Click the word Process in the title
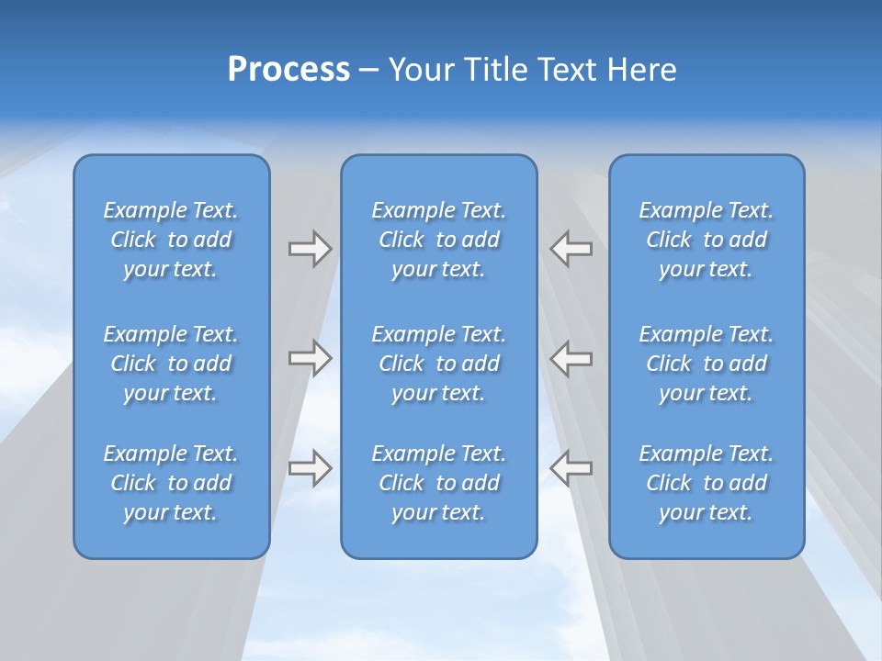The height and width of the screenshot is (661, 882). pyautogui.click(x=288, y=70)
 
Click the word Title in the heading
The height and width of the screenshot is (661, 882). pyautogui.click(x=496, y=70)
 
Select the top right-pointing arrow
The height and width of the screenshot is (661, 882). pyautogui.click(x=310, y=249)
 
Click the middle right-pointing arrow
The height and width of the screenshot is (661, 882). pyautogui.click(x=310, y=358)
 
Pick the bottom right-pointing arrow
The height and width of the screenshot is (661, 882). pyautogui.click(x=310, y=468)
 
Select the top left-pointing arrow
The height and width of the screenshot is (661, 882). pyautogui.click(x=571, y=249)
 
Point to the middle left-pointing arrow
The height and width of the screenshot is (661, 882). pyautogui.click(x=571, y=358)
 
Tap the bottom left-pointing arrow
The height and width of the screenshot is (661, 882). pyautogui.click(x=571, y=468)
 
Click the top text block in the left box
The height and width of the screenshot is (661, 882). pyautogui.click(x=171, y=240)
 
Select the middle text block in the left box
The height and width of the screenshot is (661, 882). pyautogui.click(x=171, y=364)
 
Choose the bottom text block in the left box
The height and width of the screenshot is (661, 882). pyautogui.click(x=171, y=483)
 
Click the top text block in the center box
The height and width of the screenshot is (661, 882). pyautogui.click(x=438, y=240)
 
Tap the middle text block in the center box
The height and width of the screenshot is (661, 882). pyautogui.click(x=438, y=364)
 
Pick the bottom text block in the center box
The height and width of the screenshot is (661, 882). pyautogui.click(x=438, y=483)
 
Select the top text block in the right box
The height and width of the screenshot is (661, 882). pyautogui.click(x=706, y=240)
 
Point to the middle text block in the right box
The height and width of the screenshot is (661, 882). pyautogui.click(x=706, y=364)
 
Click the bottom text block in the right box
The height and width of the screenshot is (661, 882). pyautogui.click(x=706, y=483)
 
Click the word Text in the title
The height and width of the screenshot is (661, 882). pyautogui.click(x=567, y=70)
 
